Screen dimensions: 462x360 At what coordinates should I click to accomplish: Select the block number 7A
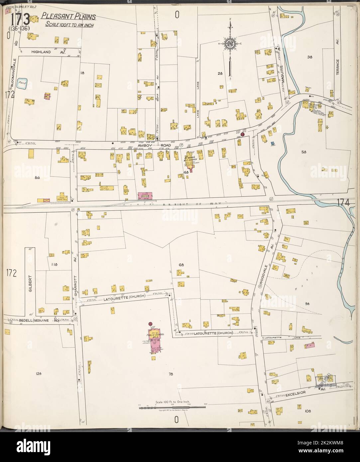coord(171,374)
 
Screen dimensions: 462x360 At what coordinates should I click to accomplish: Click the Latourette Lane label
coord(278,337)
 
